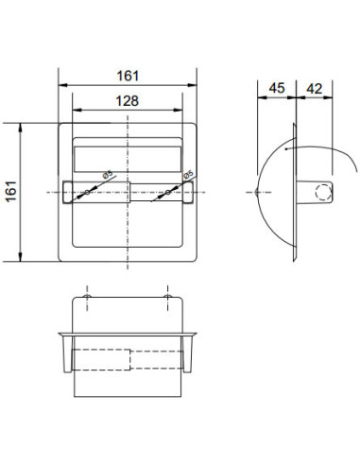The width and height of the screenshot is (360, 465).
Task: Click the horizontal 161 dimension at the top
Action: click(128, 76)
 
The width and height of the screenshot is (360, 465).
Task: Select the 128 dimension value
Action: click(127, 101)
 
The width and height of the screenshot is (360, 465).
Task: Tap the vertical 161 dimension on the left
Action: click(11, 192)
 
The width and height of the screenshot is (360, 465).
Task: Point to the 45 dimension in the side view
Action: click(277, 88)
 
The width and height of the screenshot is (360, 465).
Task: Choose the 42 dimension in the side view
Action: click(314, 89)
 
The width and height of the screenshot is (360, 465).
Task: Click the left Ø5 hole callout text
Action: click(108, 174)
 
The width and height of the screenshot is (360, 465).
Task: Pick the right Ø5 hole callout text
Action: click(188, 174)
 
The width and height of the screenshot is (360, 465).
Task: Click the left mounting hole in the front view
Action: click(87, 192)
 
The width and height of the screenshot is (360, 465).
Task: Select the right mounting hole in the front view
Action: click(167, 192)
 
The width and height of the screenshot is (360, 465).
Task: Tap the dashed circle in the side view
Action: click(323, 192)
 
